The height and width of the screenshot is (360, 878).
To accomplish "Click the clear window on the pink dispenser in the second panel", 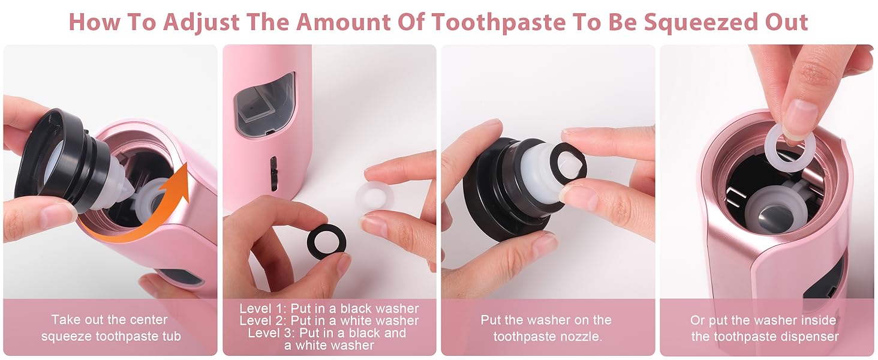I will click(264, 103).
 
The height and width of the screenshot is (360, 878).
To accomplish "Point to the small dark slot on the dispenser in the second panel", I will click(273, 174).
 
